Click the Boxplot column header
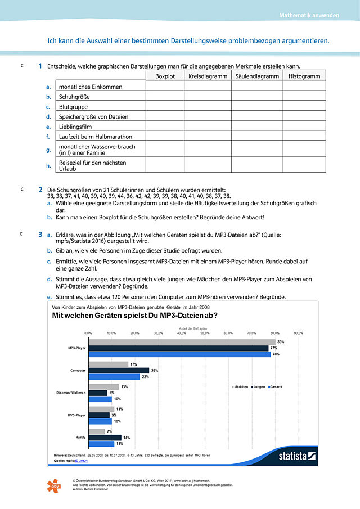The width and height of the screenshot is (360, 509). point(165,76)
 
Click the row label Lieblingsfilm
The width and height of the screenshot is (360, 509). point(75,127)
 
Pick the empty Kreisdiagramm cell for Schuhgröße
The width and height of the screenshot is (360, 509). point(206,96)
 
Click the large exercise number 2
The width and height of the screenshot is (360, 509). point(40,190)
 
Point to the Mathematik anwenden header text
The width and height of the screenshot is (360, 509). point(309,15)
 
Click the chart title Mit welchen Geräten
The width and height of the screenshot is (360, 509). point(134,316)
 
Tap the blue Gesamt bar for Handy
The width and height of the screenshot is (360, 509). point(102,443)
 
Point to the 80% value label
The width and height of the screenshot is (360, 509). point(280,342)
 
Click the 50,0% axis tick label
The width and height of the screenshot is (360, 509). point(205,333)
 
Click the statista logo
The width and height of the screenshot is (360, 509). point(297,456)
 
